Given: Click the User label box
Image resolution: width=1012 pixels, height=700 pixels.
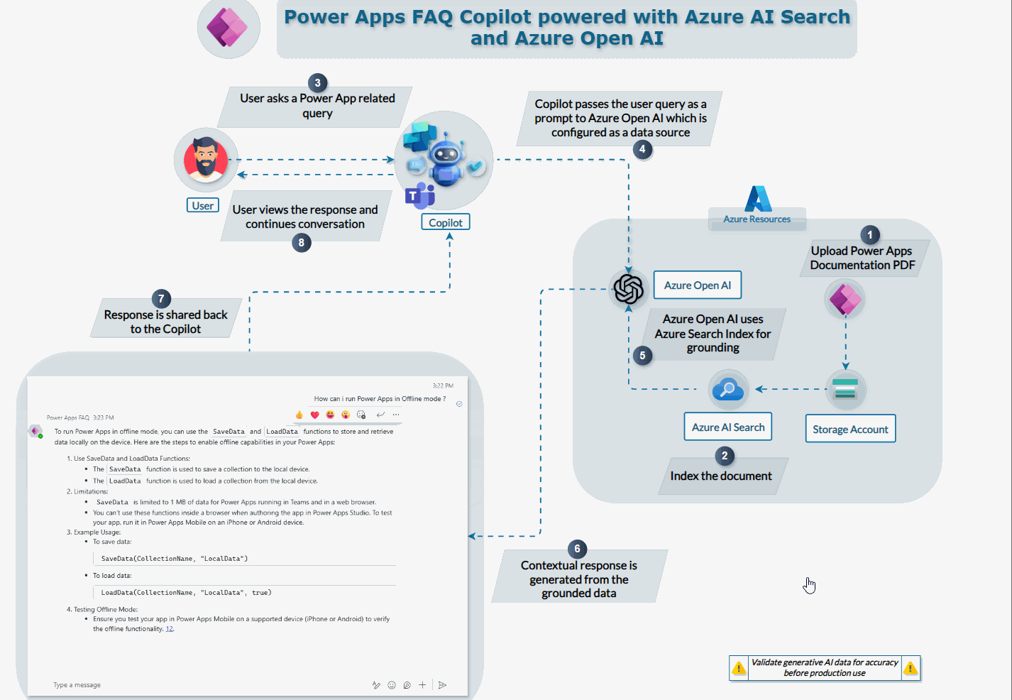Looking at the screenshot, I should tap(202, 205).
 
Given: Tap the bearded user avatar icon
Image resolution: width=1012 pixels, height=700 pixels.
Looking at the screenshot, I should tap(206, 160).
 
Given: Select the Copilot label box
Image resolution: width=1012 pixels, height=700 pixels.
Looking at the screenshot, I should tap(445, 222).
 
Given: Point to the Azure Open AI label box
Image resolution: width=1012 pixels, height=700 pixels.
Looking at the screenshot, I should tap(697, 285).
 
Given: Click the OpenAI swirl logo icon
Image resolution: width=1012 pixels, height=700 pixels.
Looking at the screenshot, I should tap(629, 289).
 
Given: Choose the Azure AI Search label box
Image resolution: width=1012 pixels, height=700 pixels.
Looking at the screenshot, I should tap(727, 427).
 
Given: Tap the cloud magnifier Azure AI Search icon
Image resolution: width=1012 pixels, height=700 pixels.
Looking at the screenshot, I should tap(728, 388).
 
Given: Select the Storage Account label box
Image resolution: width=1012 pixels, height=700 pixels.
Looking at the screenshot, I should tap(849, 429).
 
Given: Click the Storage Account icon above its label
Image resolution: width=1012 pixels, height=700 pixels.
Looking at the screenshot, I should tap(845, 389).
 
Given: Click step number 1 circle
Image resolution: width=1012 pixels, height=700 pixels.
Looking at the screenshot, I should tap(870, 235).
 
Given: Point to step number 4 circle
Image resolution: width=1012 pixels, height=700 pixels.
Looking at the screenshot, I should tap(642, 149).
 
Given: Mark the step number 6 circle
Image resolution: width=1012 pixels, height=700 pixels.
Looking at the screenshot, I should tap(577, 549).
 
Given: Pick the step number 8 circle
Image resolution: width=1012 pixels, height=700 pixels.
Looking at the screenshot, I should tap(302, 243).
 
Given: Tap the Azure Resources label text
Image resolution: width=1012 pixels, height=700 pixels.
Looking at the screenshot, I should tap(757, 219).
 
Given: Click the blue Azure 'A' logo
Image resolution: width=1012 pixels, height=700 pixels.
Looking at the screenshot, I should tap(758, 199).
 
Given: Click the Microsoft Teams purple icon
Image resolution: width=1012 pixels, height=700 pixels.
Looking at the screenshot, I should tap(419, 195).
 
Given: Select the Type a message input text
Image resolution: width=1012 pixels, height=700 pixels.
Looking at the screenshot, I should tap(77, 685).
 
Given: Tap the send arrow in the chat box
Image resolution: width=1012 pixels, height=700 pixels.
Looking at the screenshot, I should tap(442, 685).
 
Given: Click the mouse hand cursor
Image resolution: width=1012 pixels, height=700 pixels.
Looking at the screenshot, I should tap(809, 586).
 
